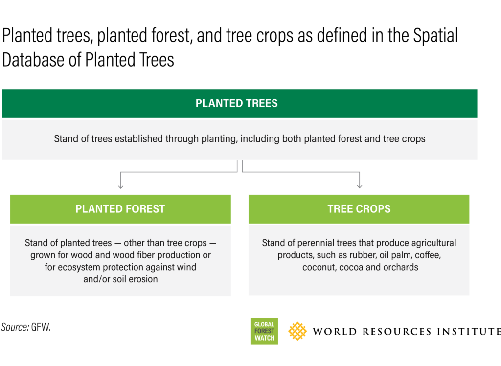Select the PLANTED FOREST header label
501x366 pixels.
(x=120, y=209)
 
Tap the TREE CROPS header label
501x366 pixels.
(x=359, y=209)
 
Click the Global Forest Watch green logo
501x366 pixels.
(x=264, y=331)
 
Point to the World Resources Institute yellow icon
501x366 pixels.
(x=297, y=331)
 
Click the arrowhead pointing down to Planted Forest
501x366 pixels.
(x=120, y=186)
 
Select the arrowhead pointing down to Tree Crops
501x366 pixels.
(x=360, y=186)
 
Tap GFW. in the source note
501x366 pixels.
(x=41, y=328)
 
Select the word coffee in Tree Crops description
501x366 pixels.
(x=427, y=255)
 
